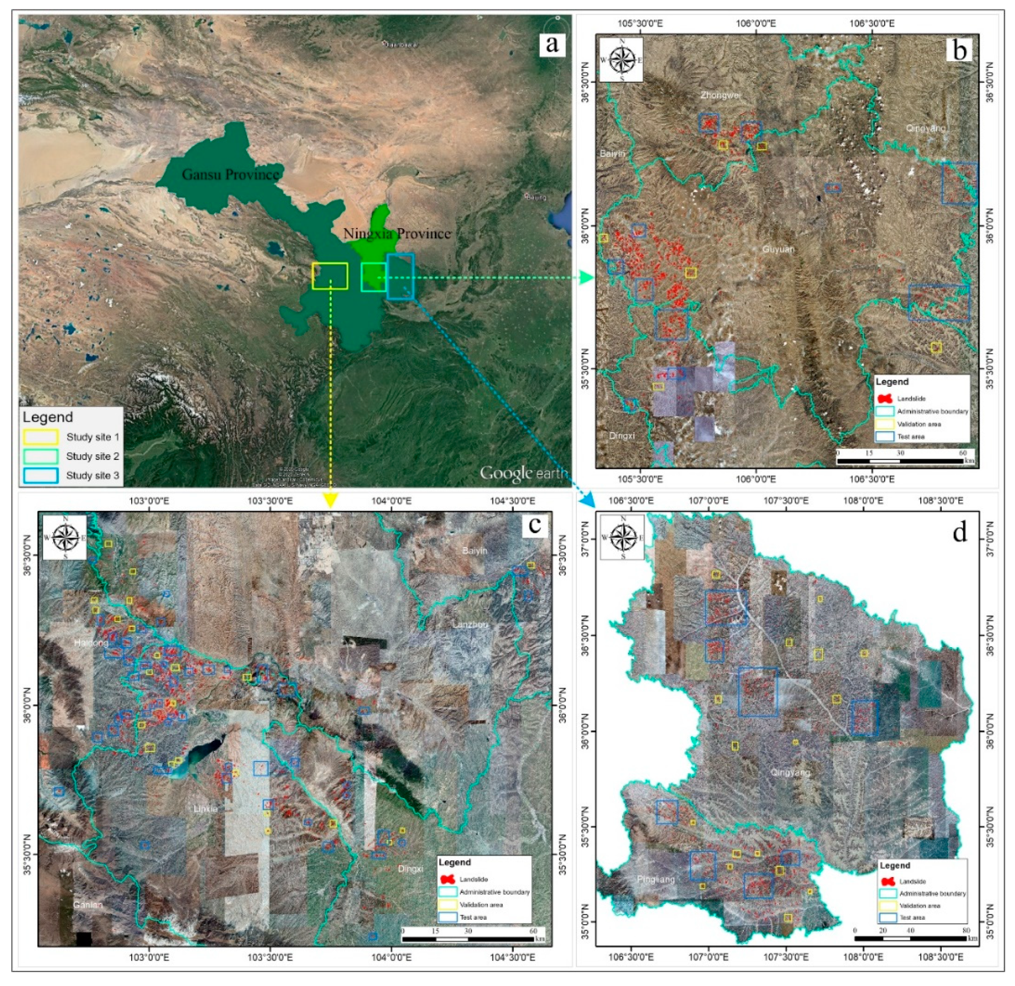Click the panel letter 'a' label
552,44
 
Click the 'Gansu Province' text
230,175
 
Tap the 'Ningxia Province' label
397,234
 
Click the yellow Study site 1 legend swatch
40,437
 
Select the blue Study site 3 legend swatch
40,476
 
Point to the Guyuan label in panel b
778,249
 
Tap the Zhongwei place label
720,95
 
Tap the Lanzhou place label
470,625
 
